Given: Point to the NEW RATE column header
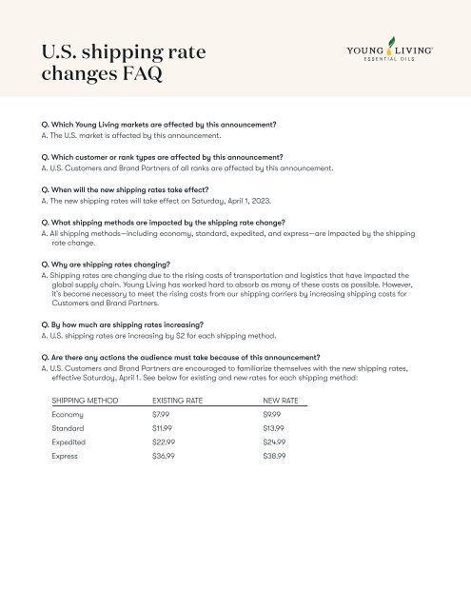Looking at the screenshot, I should (282, 403).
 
